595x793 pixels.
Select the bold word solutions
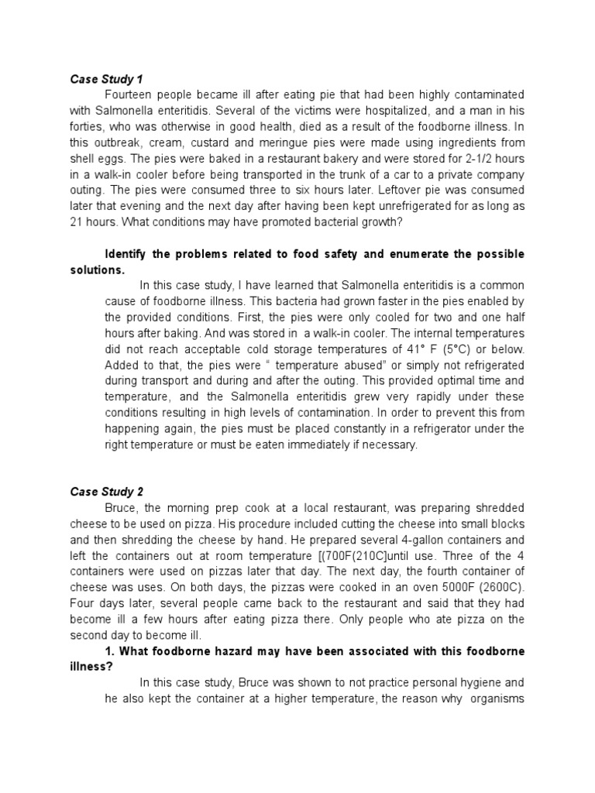[97, 269]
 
